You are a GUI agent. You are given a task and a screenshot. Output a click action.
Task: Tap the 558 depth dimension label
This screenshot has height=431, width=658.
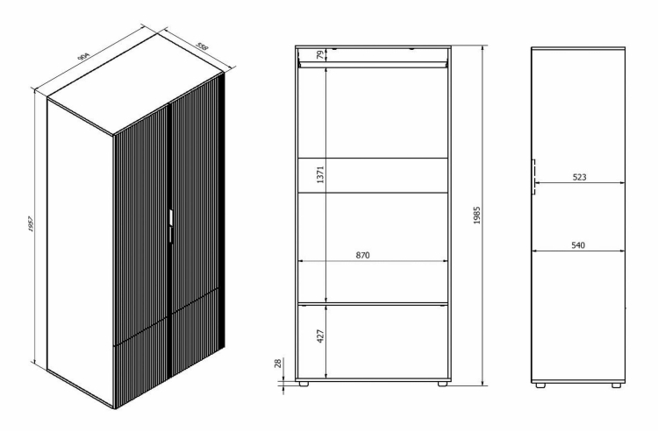point(202,46)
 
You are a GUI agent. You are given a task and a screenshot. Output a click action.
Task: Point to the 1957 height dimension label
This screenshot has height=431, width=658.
point(31,225)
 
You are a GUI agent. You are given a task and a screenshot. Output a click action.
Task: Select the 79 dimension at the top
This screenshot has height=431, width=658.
point(320,55)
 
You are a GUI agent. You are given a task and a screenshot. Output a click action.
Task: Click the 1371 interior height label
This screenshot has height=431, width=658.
point(320,174)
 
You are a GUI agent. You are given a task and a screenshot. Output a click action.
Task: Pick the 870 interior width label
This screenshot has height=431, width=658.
point(362,255)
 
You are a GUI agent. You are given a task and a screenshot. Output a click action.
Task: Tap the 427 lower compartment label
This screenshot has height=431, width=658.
point(320,336)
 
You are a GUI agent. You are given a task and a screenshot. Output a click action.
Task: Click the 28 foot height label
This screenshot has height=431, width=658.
point(278,364)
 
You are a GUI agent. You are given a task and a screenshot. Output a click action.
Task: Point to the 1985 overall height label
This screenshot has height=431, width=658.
point(476,215)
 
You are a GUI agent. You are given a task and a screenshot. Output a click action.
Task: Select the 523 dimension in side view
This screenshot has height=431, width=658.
point(579,177)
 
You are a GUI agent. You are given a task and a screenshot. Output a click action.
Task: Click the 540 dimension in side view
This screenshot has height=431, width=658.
point(578,245)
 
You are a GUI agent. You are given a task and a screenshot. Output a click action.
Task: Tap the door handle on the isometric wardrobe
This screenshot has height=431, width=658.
point(171,226)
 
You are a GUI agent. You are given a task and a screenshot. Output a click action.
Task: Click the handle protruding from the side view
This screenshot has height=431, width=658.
point(533,177)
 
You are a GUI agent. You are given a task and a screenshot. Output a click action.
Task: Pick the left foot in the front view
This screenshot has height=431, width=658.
point(303,383)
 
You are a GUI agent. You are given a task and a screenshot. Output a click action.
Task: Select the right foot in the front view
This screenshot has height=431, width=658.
point(442,383)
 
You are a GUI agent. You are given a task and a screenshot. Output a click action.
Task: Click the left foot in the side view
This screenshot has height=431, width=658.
point(540,385)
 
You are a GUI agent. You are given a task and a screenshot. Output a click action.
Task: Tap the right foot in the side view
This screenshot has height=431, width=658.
point(617,385)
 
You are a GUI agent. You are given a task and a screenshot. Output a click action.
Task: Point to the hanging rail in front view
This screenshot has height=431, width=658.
point(372,65)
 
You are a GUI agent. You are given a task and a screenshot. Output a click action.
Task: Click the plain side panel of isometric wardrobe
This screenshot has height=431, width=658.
point(81,253)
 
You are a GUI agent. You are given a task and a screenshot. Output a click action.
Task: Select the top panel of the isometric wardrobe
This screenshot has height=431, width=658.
point(135,85)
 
